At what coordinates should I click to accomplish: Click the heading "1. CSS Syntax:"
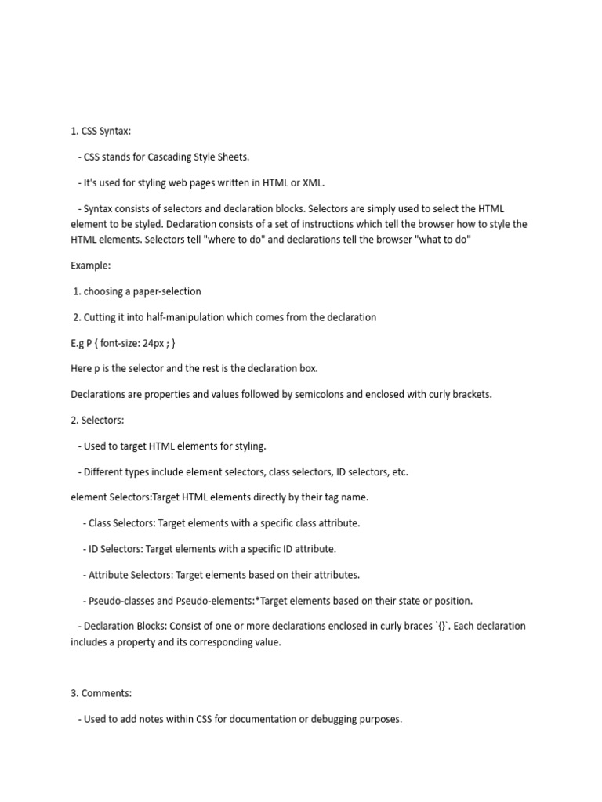pos(101,131)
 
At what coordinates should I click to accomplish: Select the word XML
pos(311,182)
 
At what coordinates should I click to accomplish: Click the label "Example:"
pos(90,266)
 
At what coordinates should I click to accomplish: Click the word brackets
pos(470,394)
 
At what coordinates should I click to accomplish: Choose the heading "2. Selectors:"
pos(97,420)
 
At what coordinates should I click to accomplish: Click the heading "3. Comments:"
pos(101,693)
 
